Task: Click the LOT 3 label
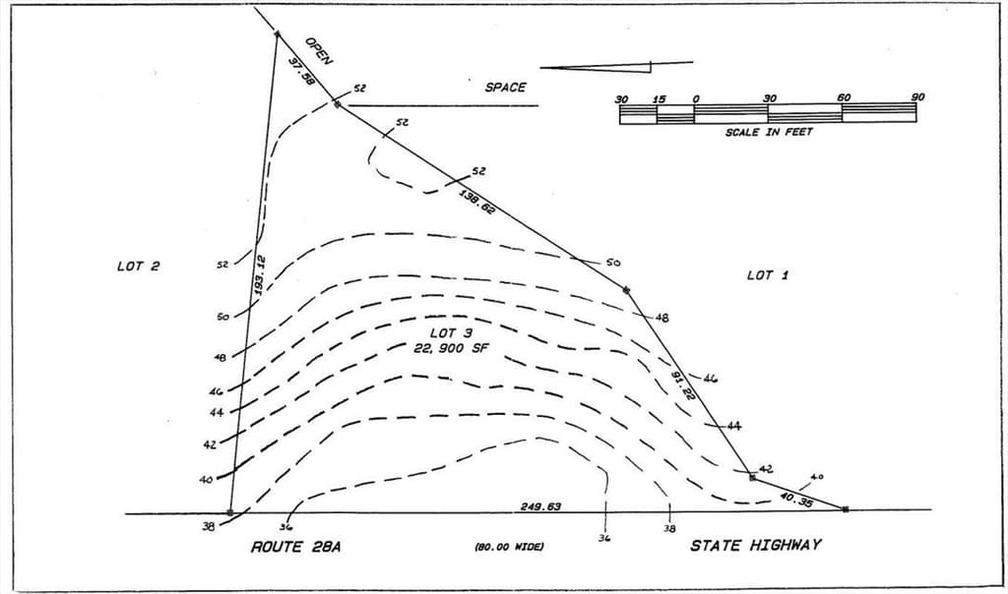coord(451,333)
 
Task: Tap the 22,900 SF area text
coord(452,349)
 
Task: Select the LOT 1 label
coord(768,275)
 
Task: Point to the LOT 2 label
coord(138,266)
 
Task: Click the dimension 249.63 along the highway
coord(540,506)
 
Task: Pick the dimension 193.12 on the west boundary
coord(259,275)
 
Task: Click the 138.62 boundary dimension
coord(477,201)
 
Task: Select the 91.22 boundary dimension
coord(683,386)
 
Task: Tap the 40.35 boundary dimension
coord(795,499)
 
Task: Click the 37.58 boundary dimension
coord(301,71)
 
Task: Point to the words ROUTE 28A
coord(295,547)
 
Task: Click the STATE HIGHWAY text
coord(755,545)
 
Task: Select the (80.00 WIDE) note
coord(509,547)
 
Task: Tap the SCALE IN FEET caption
coord(769,133)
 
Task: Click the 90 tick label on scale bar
coord(917,97)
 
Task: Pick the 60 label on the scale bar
coord(844,97)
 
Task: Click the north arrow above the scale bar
coord(616,66)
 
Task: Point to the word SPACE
coord(505,88)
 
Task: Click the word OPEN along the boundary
coord(319,51)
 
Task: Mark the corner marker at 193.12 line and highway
coord(230,512)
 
